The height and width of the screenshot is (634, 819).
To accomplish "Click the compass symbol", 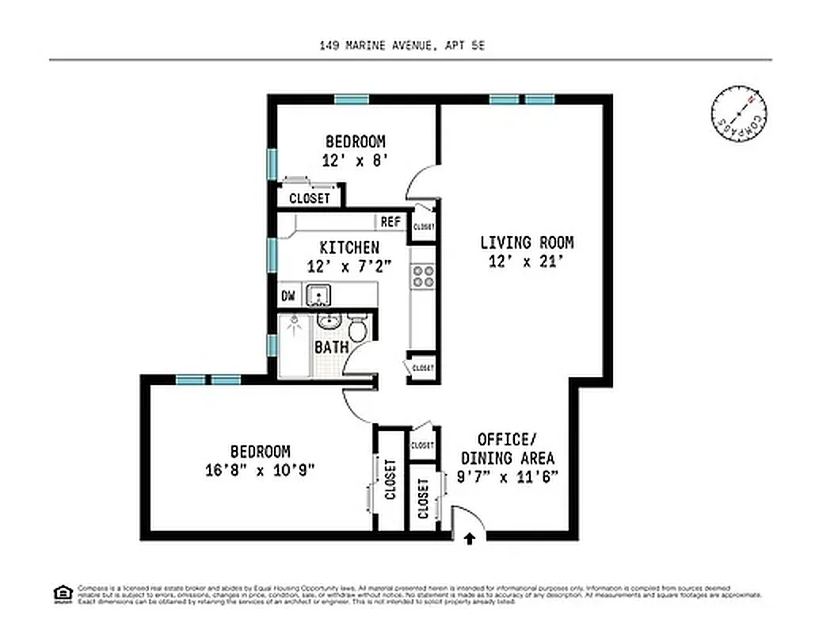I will (739, 116).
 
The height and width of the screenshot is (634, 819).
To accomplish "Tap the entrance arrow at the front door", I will (469, 539).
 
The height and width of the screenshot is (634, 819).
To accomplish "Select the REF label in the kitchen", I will (390, 222).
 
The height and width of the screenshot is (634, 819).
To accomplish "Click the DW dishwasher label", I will (288, 296).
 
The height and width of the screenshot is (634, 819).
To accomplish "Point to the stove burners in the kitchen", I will (423, 275).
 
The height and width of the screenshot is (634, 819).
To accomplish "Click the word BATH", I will (331, 347).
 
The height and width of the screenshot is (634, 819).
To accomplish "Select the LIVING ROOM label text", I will (527, 243).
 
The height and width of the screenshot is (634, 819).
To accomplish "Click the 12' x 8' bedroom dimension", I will (355, 159).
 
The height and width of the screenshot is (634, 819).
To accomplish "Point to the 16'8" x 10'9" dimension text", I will (260, 469).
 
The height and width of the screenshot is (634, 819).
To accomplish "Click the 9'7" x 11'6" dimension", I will (507, 476).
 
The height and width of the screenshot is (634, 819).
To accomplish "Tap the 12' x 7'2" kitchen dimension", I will (349, 266).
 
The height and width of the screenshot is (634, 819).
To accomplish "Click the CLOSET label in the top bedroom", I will (309, 198).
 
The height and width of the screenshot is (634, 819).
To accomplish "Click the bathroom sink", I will (329, 322).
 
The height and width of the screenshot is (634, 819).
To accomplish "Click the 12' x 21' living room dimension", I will (527, 262).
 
